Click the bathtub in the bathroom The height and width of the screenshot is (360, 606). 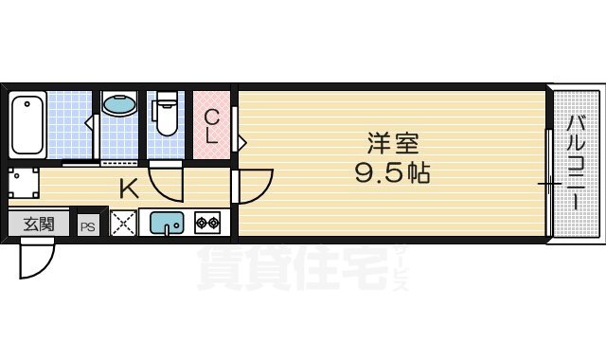[x=27, y=125]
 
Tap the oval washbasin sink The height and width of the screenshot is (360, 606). [x=119, y=104]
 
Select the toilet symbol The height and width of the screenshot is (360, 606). [x=166, y=113]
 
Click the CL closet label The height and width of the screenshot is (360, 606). [x=211, y=126]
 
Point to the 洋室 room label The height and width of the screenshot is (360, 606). [x=393, y=143]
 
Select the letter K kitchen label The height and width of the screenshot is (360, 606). [x=129, y=189]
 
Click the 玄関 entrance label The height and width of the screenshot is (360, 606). [x=39, y=224]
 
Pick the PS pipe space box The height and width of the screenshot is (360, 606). [x=88, y=226]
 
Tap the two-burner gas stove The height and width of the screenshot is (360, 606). [x=207, y=223]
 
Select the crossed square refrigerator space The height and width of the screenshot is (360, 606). [x=124, y=223]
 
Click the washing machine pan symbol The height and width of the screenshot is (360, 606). [x=24, y=183]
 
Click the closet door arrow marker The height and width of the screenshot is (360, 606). [x=242, y=143]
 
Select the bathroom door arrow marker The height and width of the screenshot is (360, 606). [x=89, y=123]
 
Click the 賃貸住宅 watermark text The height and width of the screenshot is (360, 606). [x=293, y=268]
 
